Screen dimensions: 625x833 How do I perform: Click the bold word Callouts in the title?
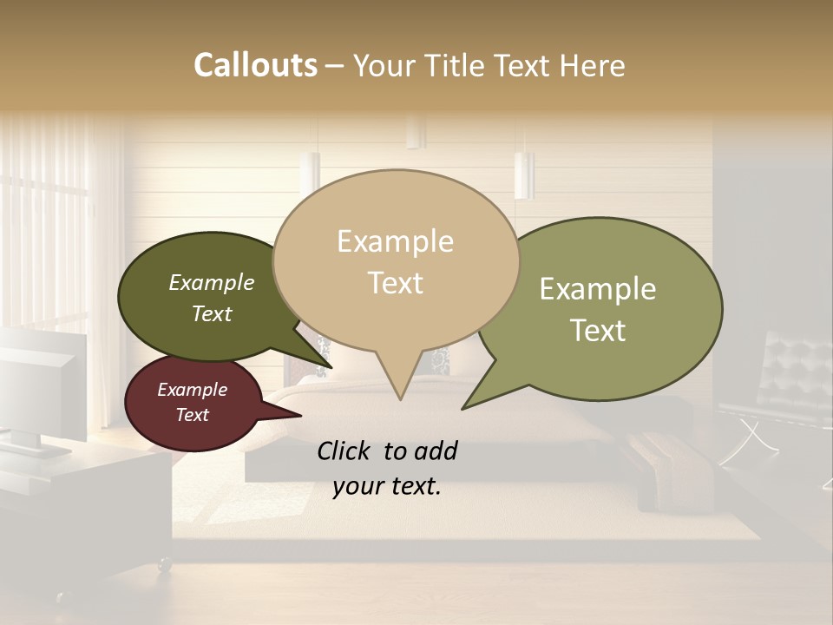255,65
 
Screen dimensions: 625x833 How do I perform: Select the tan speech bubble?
396,260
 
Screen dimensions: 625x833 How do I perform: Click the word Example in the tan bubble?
395,241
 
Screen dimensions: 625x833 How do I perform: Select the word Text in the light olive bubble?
598,331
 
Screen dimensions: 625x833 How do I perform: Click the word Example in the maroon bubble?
192,390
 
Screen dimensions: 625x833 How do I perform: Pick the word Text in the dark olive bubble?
212,313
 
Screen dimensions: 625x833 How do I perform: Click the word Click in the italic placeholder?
346,451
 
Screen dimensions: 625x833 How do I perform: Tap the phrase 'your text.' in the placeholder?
387,486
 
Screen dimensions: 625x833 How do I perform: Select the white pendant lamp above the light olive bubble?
523,174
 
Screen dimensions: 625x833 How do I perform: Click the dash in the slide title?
335,66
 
